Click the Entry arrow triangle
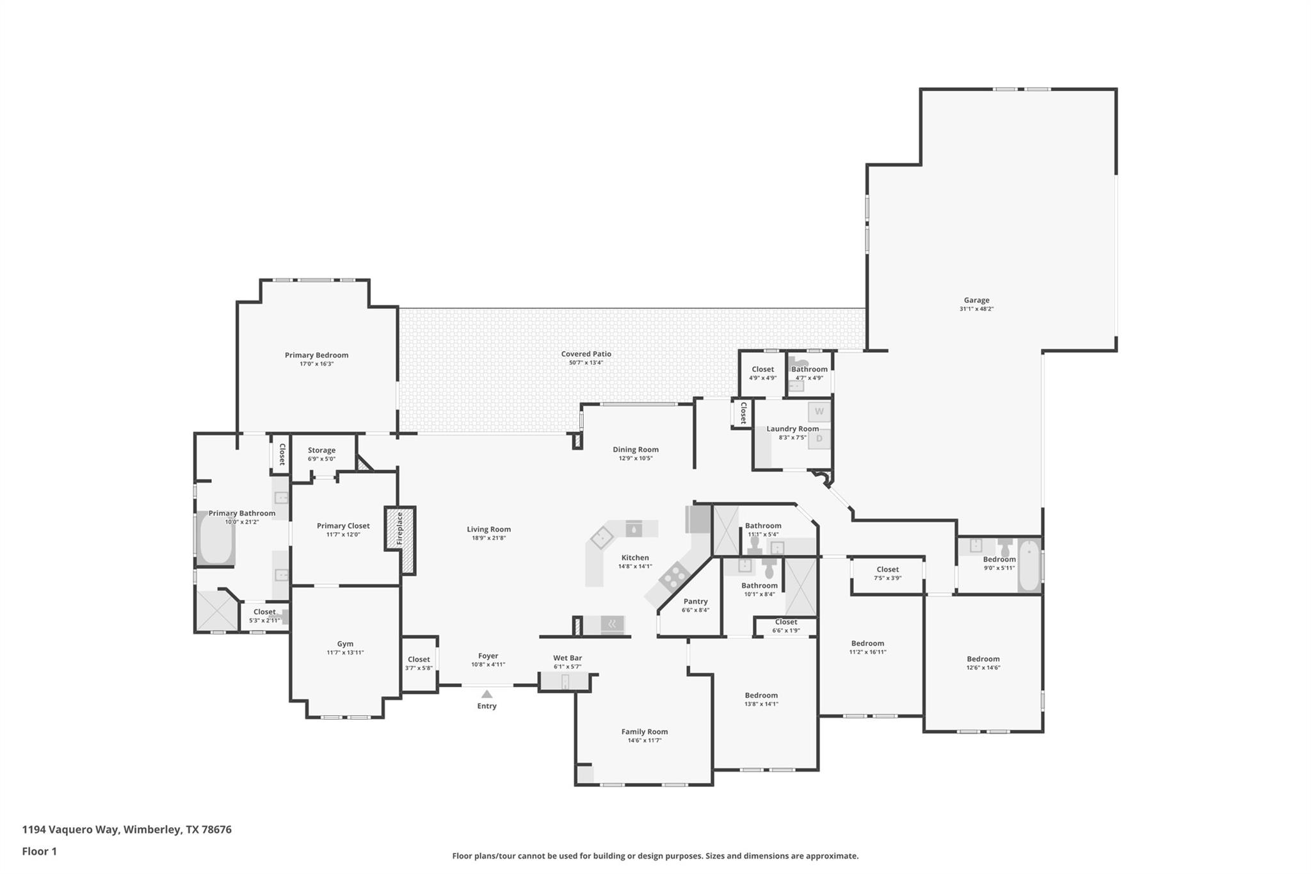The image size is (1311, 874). (487, 694)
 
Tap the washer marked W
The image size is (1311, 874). (819, 412)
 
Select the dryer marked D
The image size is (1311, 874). (819, 439)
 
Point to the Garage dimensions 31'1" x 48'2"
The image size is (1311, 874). (976, 309)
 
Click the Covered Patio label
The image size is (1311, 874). (586, 354)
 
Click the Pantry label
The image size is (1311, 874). (695, 601)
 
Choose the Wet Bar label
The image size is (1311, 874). (567, 658)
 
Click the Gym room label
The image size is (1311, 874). (345, 643)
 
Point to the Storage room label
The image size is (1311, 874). (321, 450)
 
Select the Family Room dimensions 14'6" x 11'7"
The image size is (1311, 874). (644, 740)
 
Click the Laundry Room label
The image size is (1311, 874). (792, 429)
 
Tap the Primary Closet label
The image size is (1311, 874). (343, 526)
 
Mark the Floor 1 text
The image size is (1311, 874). (39, 851)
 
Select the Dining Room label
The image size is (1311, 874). (635, 449)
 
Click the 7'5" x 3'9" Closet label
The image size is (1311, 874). (887, 569)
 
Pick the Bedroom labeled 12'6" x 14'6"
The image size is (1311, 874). (983, 659)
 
